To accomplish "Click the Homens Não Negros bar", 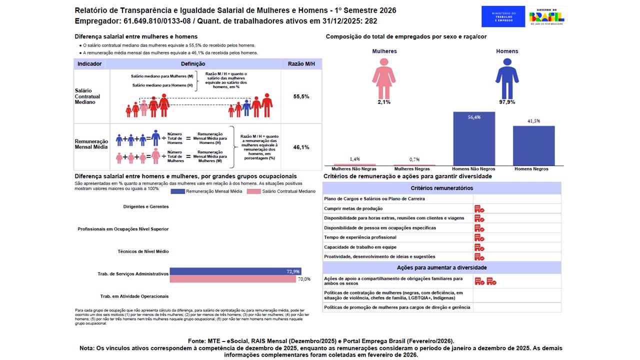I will pyautogui.click(x=474, y=138).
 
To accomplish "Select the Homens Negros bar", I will pyautogui.click(x=533, y=145).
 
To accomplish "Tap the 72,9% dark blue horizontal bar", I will pyautogui.click(x=235, y=271).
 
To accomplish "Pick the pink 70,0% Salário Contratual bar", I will pyautogui.click(x=232, y=279).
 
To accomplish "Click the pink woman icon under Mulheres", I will pyautogui.click(x=384, y=78).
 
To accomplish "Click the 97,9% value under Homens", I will pyautogui.click(x=507, y=102).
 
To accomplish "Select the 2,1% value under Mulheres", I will pyautogui.click(x=384, y=102).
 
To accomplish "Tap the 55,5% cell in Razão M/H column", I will pyautogui.click(x=301, y=96).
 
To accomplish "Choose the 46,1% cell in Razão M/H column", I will pyautogui.click(x=301, y=147).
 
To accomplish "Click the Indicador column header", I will pyautogui.click(x=90, y=64).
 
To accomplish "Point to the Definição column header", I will pyautogui.click(x=193, y=64).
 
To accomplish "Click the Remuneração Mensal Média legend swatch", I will pyautogui.click(x=178, y=191).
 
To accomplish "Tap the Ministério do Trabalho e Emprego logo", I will pyautogui.click(x=503, y=16).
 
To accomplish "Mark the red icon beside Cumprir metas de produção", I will pyautogui.click(x=479, y=208).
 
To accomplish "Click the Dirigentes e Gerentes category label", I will pyautogui.click(x=146, y=206).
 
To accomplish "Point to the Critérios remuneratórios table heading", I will pyautogui.click(x=441, y=188).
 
